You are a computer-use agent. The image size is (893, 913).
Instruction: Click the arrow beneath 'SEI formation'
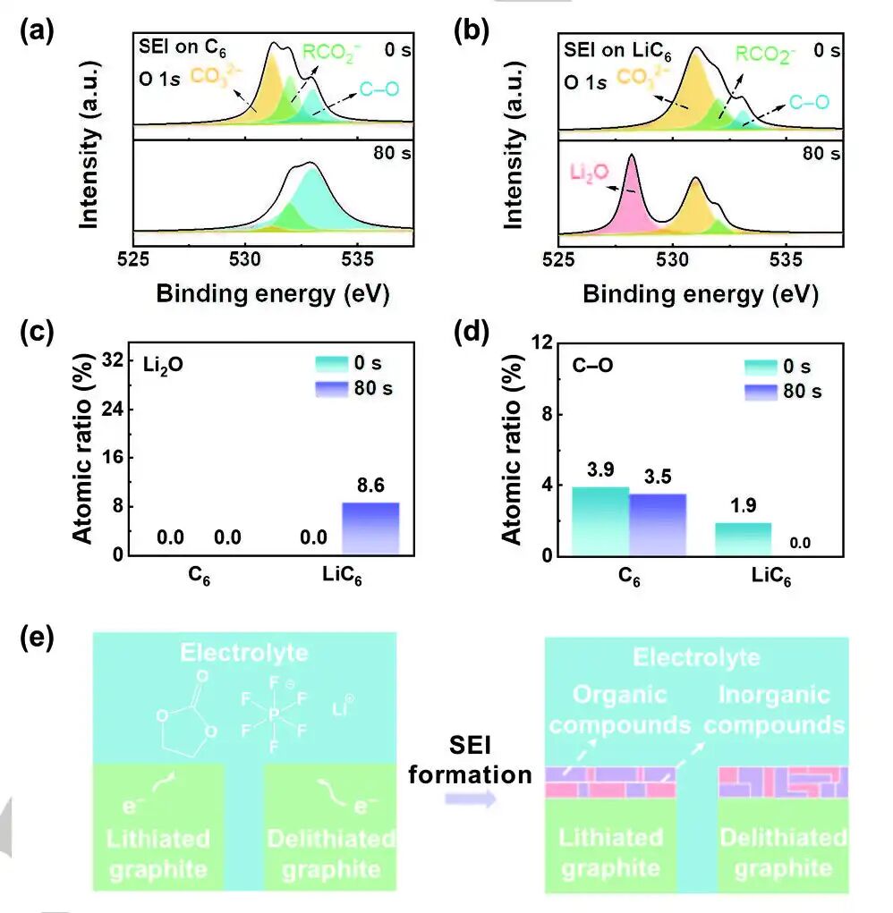point(471,799)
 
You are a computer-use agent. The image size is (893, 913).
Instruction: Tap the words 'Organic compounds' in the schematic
point(608,708)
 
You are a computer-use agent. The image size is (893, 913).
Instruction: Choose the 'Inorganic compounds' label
point(774,708)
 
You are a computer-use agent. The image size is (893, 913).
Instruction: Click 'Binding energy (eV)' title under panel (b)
point(699,294)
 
